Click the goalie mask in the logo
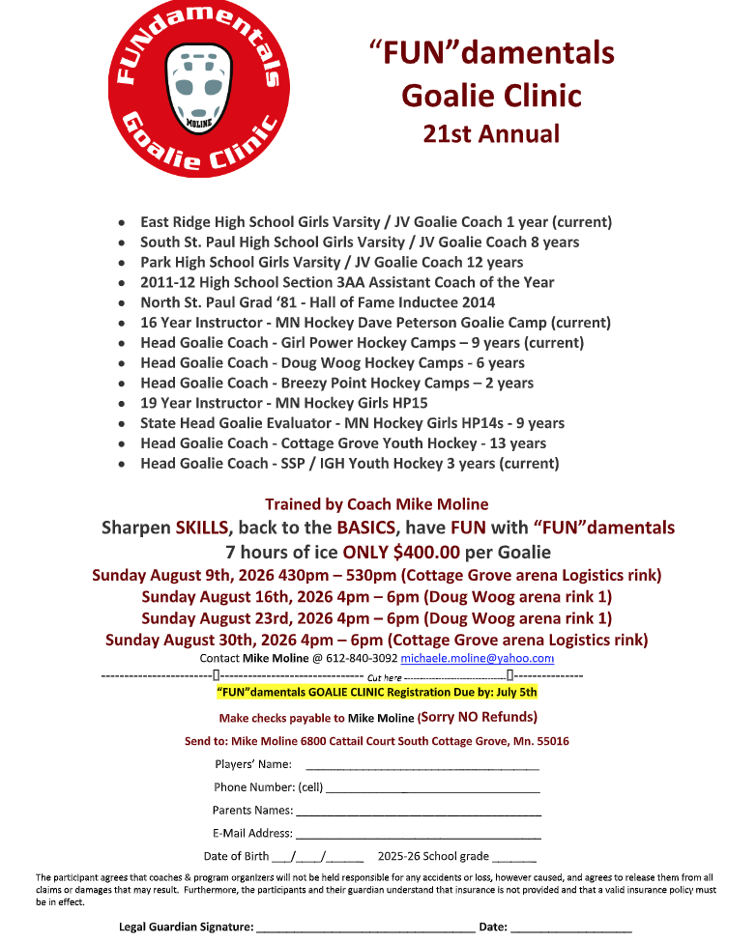point(199,86)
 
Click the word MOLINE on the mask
point(199,123)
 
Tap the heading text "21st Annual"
point(491,133)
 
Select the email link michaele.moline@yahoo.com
point(477,658)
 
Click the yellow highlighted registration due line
point(376,693)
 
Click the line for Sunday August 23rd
point(377,618)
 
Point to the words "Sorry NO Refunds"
point(479,718)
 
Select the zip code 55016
point(549,742)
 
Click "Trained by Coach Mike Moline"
point(377,504)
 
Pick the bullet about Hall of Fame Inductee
point(317,302)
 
